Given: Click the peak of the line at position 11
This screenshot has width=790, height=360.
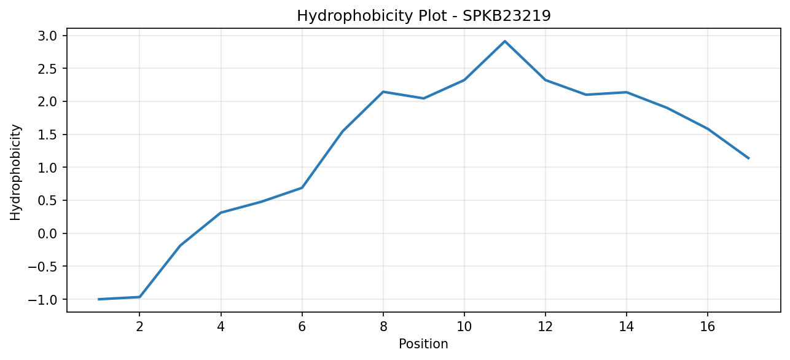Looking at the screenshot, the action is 505,41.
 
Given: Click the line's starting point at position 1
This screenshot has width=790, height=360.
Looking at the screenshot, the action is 99,299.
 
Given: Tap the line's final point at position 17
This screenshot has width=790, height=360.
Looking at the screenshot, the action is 748,158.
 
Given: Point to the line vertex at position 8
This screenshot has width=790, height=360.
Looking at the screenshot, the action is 383,92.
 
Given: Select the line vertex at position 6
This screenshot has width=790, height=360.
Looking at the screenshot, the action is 302,187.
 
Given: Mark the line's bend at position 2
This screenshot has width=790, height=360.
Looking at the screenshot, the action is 139,297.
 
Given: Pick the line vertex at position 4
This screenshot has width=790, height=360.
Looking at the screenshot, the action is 221,213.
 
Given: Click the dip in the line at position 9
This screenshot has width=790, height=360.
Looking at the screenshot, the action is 424,98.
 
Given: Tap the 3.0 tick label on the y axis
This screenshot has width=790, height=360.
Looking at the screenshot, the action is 47,36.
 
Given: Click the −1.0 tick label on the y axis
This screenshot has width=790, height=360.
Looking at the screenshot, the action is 42,299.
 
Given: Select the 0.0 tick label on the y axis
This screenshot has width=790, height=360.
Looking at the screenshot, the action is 47,233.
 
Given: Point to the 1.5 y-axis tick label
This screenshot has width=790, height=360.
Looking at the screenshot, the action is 47,135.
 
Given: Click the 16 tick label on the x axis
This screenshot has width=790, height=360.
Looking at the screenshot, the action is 708,327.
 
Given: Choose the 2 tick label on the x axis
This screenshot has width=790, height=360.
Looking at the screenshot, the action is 139,327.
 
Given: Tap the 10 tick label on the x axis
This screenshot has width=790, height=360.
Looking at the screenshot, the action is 464,327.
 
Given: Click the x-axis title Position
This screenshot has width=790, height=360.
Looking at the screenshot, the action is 423,344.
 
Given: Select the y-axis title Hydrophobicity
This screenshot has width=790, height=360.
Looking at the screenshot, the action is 15,173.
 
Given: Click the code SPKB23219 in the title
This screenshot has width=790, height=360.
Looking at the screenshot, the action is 506,16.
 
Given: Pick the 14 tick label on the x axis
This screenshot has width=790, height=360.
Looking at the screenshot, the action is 627,327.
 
